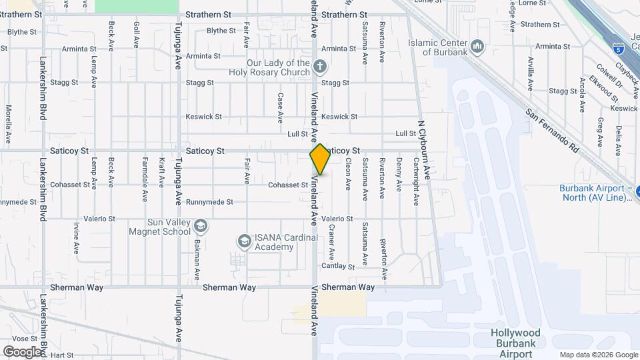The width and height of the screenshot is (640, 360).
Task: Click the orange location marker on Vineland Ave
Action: coord(320,159)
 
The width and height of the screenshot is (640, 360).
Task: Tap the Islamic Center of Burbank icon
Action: coord(477,46)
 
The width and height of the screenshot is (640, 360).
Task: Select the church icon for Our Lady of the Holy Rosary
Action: coord(320,66)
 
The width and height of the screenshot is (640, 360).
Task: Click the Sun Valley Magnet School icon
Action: coord(201,227)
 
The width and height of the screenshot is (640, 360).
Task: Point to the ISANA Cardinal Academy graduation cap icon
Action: coord(245,240)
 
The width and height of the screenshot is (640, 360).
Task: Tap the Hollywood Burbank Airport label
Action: coord(515,343)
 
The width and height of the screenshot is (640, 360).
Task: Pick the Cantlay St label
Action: coord(338,266)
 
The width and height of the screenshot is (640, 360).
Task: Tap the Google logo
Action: coord(21,351)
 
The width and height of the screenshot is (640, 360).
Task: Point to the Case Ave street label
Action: coord(280,107)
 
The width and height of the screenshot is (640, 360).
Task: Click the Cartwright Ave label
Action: coord(415,180)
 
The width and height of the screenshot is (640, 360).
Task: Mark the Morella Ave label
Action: coord(9,124)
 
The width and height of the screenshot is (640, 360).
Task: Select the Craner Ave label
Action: coord(331,241)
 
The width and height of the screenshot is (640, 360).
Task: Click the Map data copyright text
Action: coord(598,355)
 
